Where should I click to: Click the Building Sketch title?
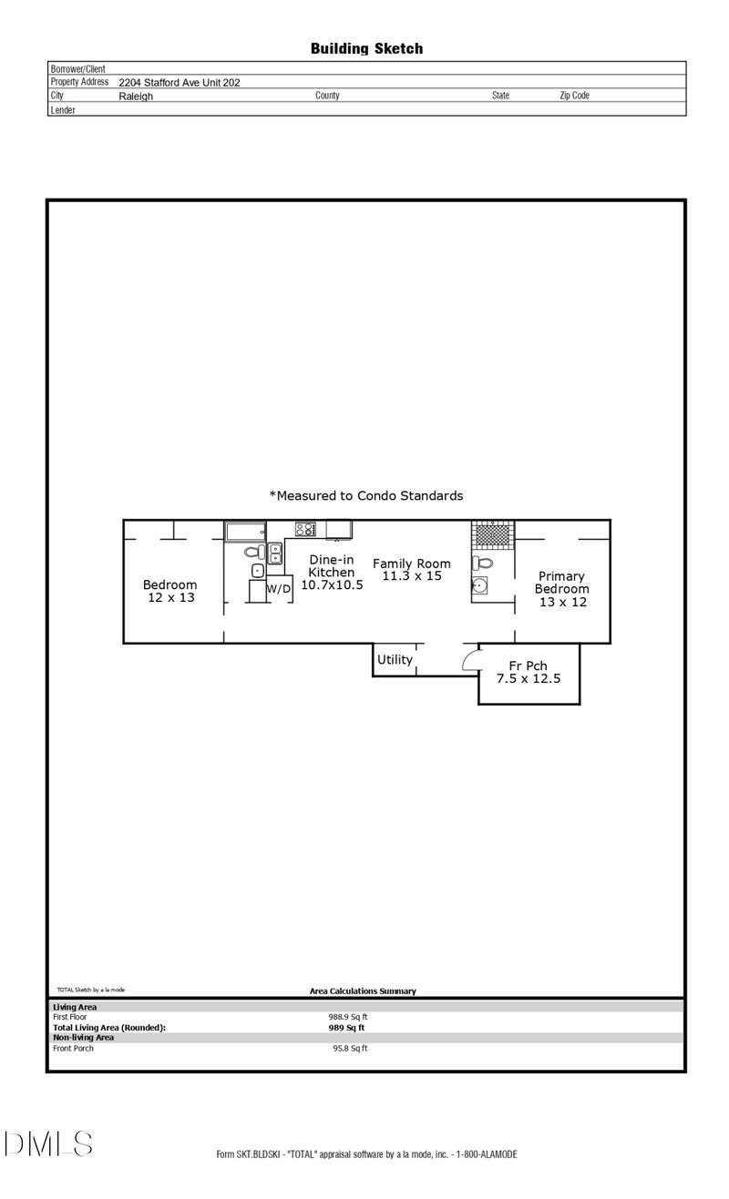click(x=366, y=49)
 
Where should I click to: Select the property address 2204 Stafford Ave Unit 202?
click(x=179, y=83)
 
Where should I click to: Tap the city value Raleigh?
click(x=136, y=97)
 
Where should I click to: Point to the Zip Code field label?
click(x=574, y=96)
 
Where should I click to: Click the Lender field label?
click(x=63, y=110)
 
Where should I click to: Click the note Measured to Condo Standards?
click(x=365, y=495)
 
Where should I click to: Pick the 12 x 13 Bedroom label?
click(x=170, y=591)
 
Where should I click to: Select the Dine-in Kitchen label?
click(x=332, y=573)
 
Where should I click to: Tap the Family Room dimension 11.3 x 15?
click(x=411, y=576)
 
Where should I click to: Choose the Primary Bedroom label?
click(x=562, y=589)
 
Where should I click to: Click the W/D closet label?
click(x=279, y=589)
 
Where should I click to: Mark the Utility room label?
click(x=395, y=660)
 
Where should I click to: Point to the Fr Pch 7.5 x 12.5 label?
click(x=529, y=672)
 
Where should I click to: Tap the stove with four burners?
click(x=305, y=529)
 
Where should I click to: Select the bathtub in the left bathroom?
click(x=245, y=532)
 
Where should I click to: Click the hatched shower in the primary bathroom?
click(x=493, y=534)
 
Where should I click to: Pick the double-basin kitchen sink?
click(x=275, y=554)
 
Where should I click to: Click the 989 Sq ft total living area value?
click(x=346, y=1028)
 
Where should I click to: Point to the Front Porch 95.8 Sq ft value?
click(x=350, y=1048)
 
